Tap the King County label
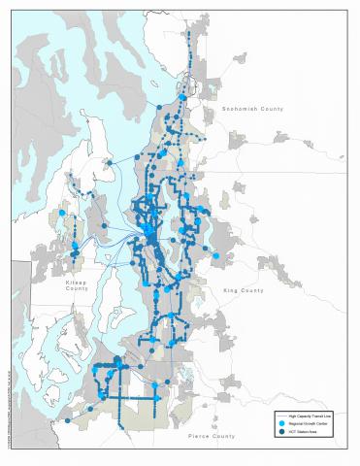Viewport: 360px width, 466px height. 244,289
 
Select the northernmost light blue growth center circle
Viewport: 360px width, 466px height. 180,97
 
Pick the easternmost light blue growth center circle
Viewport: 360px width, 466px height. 218,256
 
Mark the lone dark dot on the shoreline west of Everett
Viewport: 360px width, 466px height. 152,108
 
